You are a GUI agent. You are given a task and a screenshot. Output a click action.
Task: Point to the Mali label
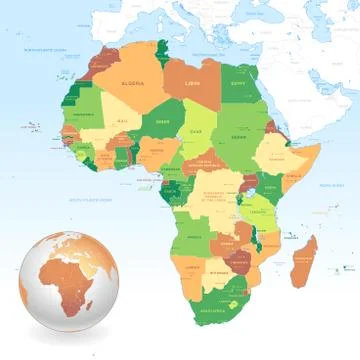(122, 122)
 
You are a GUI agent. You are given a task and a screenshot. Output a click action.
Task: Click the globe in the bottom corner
(60, 295)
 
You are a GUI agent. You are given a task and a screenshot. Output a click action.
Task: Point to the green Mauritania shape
(86, 110)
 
